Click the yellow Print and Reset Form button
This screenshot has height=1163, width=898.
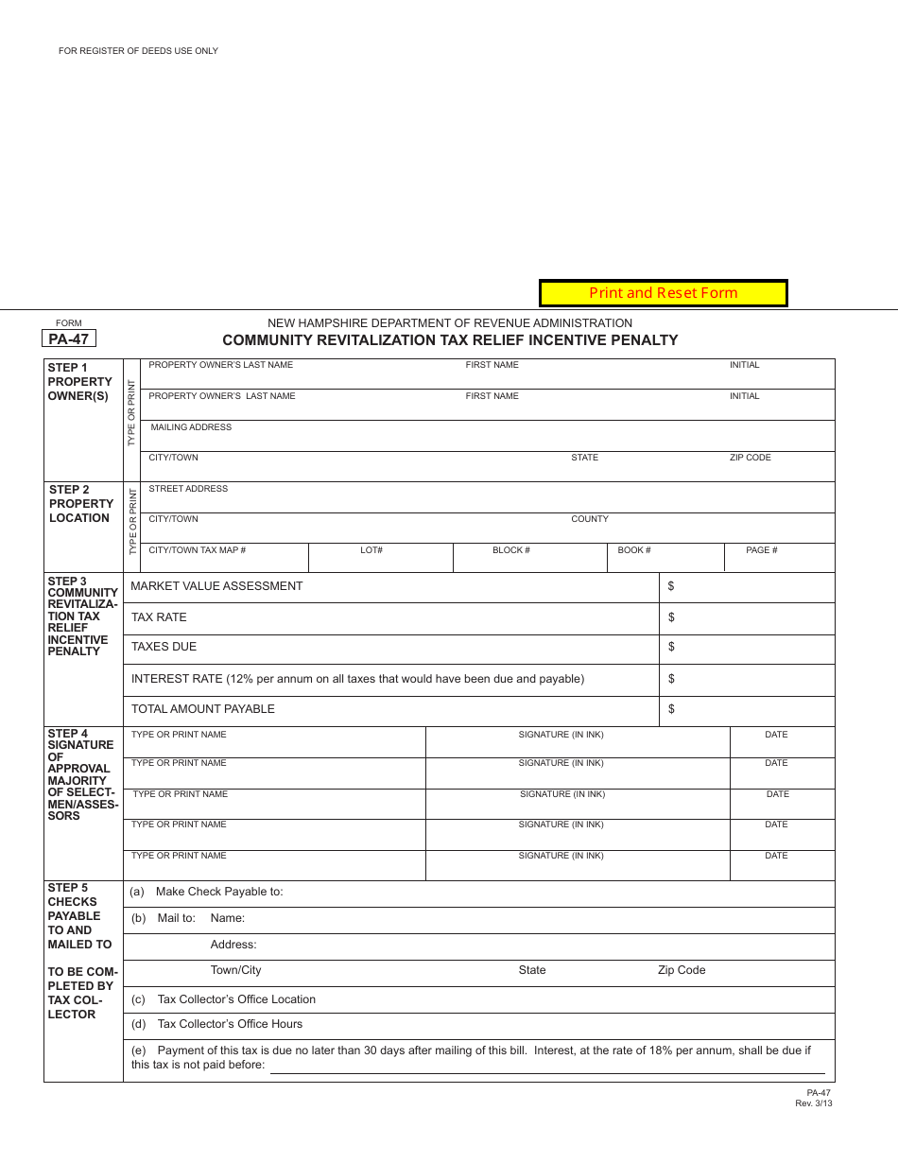coord(663,293)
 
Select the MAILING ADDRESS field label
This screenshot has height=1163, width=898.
coord(191,427)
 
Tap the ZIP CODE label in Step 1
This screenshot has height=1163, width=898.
coord(750,458)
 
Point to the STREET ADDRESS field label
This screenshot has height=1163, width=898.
coord(188,489)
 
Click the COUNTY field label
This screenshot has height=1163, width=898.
coord(590,519)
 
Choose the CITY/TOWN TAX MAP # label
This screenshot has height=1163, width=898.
coord(198,550)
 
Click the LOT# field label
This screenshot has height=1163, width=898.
coord(371,550)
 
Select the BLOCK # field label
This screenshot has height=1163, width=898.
coord(510,550)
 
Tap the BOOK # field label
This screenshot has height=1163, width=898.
coord(634,550)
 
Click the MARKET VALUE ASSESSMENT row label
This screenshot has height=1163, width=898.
coord(216,586)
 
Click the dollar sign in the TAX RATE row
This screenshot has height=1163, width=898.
coord(671,617)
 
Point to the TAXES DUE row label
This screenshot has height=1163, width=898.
coord(164,647)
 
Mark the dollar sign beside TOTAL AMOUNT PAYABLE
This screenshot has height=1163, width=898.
coord(671,709)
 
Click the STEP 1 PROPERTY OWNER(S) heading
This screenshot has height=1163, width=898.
coord(79,381)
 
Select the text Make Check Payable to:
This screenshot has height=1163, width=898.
coord(219,892)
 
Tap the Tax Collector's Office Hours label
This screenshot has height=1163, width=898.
coord(230,1024)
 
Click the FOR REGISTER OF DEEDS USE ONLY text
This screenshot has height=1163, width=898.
coord(138,51)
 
